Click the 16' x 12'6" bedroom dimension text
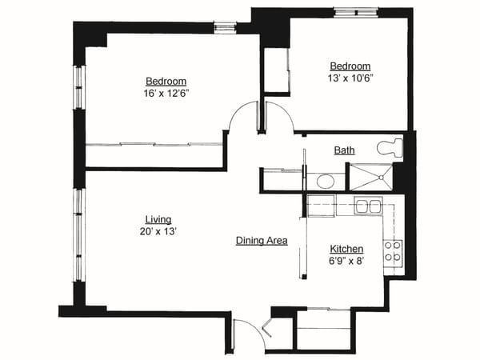(x=166, y=94)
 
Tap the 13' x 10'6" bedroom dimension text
(x=351, y=78)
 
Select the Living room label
(x=158, y=219)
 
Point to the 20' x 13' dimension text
(x=158, y=231)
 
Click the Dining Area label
(x=262, y=241)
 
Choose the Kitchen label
(x=347, y=249)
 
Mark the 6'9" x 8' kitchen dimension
(x=347, y=261)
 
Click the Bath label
(x=345, y=150)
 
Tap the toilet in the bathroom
(x=390, y=147)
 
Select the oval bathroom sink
(x=326, y=181)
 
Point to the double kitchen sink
(x=368, y=206)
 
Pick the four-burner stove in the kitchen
(x=393, y=251)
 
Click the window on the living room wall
(x=78, y=234)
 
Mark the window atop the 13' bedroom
(x=356, y=12)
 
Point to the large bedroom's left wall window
(x=78, y=87)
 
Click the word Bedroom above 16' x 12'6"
(x=166, y=82)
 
